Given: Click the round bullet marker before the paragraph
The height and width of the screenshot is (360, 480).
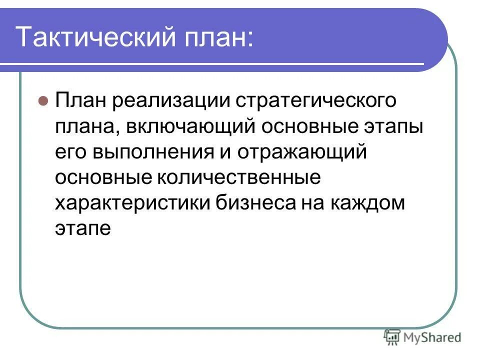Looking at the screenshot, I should point(43,99).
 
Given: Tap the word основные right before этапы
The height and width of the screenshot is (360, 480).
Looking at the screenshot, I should point(310,126).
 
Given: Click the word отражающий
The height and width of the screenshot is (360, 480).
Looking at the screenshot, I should point(302,152).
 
